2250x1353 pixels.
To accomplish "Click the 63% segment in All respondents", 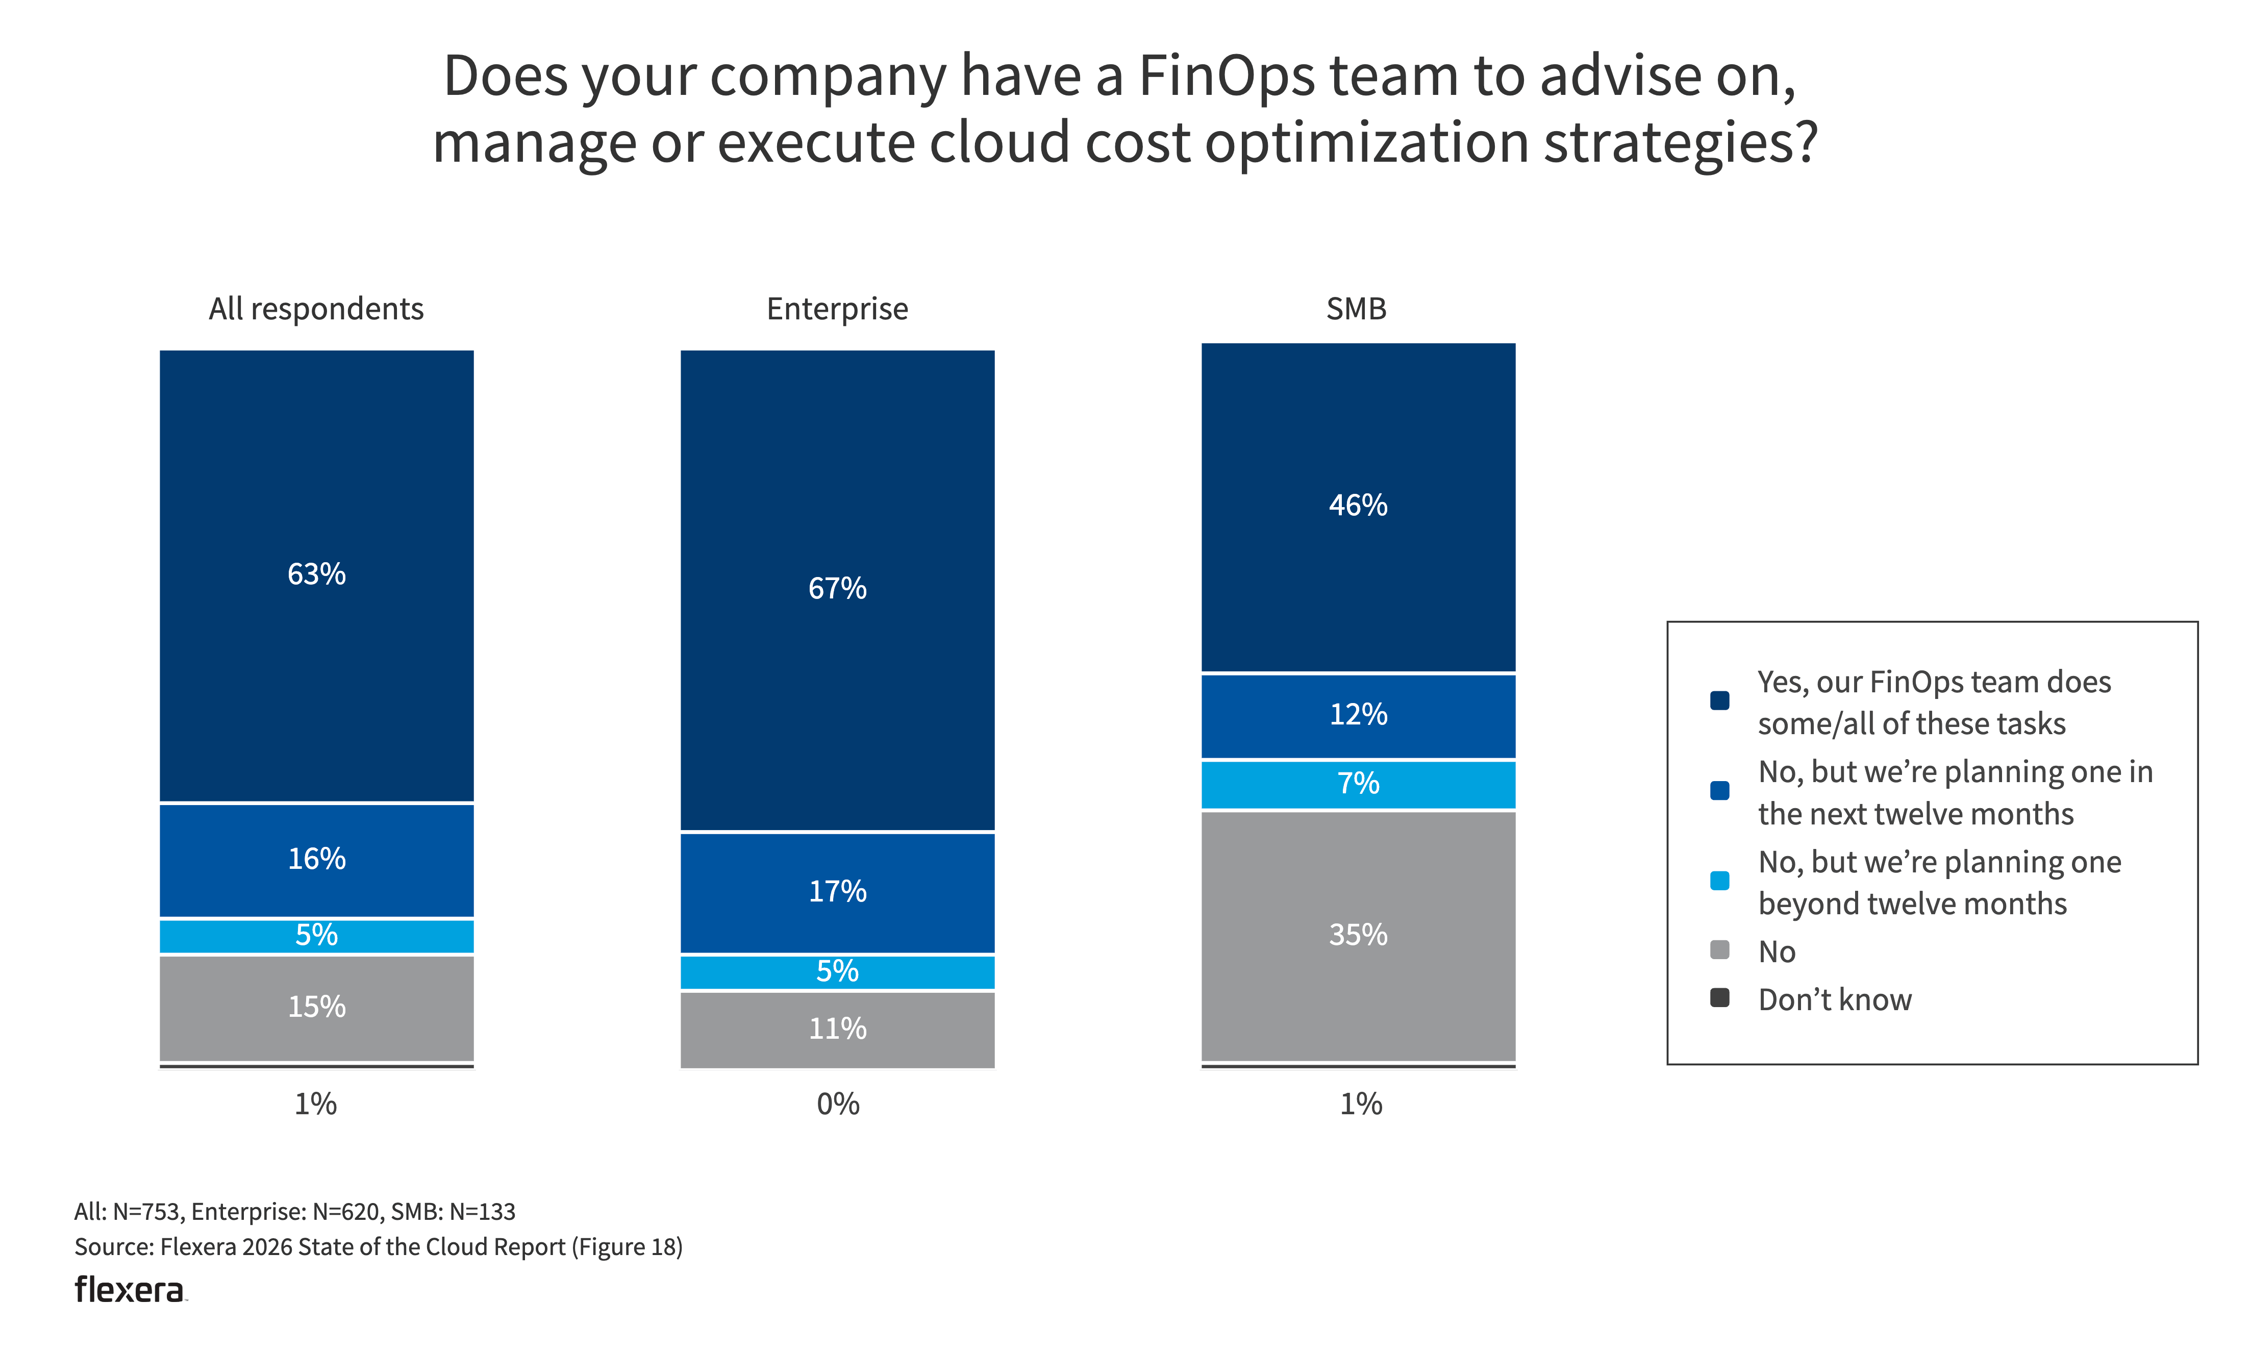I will tap(316, 574).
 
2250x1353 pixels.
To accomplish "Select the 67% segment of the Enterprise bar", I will tap(837, 589).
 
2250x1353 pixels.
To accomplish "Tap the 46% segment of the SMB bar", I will tap(1358, 506).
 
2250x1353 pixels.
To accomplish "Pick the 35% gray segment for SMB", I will tap(1358, 935).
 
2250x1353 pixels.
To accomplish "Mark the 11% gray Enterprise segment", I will tap(837, 1029).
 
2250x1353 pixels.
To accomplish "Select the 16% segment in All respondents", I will tap(316, 859).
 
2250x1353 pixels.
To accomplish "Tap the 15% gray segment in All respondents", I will tap(316, 1007).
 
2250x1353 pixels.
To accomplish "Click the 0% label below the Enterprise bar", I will tap(837, 1104).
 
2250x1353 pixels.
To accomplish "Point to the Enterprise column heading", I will tap(837, 309).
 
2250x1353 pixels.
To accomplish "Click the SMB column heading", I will tap(1356, 309).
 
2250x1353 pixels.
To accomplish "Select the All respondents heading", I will tap(316, 309).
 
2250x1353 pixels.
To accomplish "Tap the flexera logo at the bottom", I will tap(130, 1290).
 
